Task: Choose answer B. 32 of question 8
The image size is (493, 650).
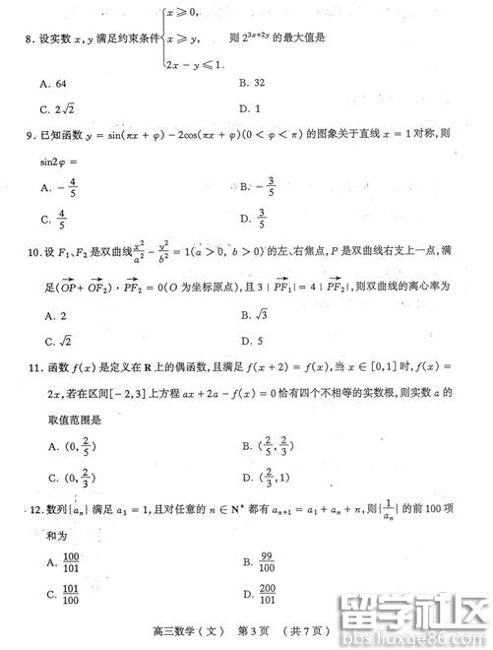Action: (x=251, y=84)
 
